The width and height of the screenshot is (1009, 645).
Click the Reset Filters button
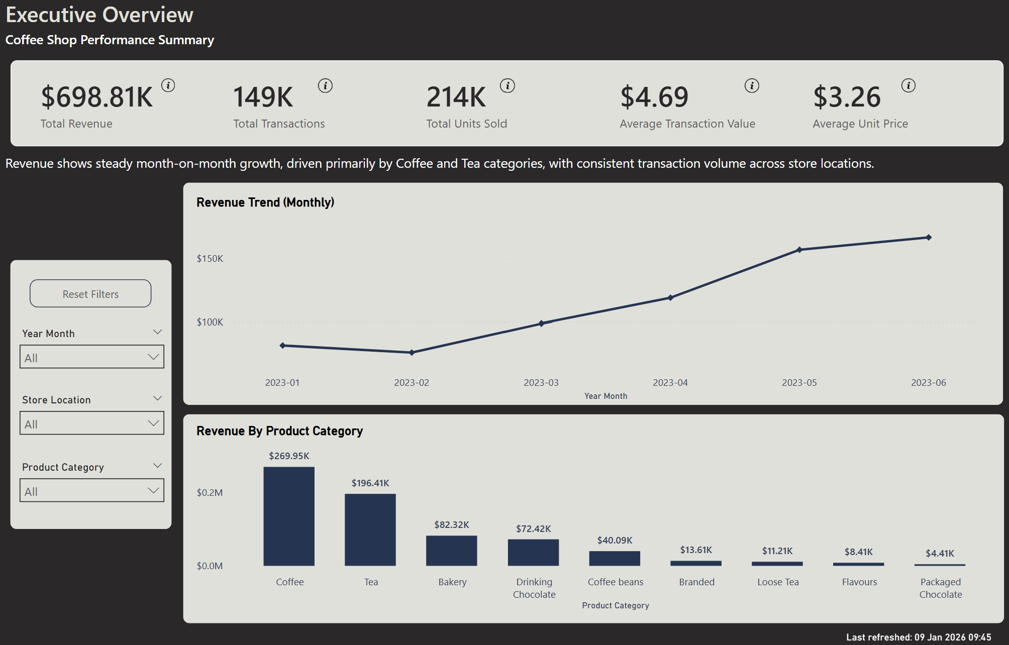pos(90,294)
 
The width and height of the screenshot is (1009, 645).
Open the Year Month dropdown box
pos(91,357)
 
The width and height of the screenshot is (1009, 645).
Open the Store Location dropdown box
pos(91,423)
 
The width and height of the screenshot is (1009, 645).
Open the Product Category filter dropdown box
pos(91,491)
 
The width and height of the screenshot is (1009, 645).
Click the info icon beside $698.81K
pos(168,85)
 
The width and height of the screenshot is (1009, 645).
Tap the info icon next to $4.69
pos(752,86)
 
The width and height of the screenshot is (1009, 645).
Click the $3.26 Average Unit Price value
pos(847,97)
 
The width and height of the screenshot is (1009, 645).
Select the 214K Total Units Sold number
pos(456,97)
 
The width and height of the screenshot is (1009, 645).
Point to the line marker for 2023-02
pos(412,353)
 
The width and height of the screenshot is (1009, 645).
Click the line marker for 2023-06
pos(929,238)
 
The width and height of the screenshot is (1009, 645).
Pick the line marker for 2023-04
pos(670,298)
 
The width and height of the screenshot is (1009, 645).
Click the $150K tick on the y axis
pos(210,259)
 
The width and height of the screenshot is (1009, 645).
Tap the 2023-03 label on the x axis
pos(541,383)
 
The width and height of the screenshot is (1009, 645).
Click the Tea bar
pos(370,529)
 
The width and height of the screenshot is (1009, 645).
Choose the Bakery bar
pos(452,551)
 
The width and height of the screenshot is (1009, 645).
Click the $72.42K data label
pos(533,529)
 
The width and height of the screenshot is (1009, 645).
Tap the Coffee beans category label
pos(615,582)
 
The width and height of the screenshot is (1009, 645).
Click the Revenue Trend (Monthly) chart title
pos(265,202)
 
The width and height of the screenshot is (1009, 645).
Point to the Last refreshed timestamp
pos(919,637)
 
